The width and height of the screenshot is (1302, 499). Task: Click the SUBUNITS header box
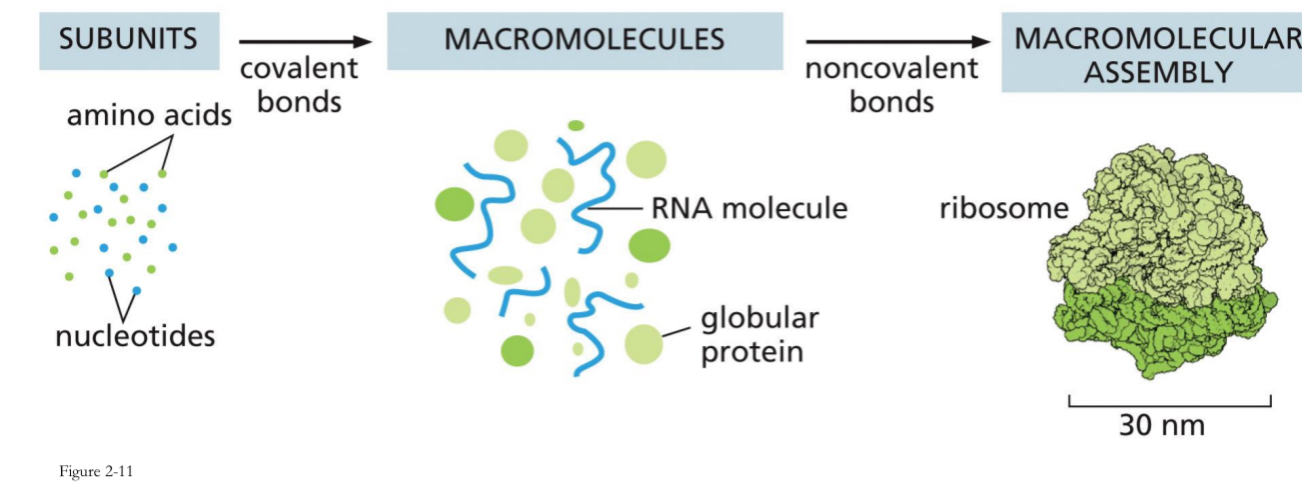(127, 41)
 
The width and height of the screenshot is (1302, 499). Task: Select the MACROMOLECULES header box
(585, 41)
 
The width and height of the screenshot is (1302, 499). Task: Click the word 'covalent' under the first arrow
(300, 70)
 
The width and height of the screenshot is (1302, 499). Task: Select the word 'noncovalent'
(891, 69)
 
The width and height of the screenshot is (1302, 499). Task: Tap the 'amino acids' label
(149, 116)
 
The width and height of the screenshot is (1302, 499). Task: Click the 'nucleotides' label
(135, 335)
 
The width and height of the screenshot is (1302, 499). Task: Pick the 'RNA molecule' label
(749, 209)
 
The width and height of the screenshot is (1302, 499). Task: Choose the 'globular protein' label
(759, 336)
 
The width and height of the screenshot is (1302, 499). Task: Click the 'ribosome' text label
(1002, 210)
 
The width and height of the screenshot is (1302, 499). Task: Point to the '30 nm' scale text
(1162, 425)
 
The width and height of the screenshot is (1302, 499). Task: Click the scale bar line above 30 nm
(1169, 405)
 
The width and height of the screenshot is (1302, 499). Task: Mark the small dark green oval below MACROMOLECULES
(576, 125)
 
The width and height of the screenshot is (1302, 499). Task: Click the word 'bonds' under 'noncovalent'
(891, 102)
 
